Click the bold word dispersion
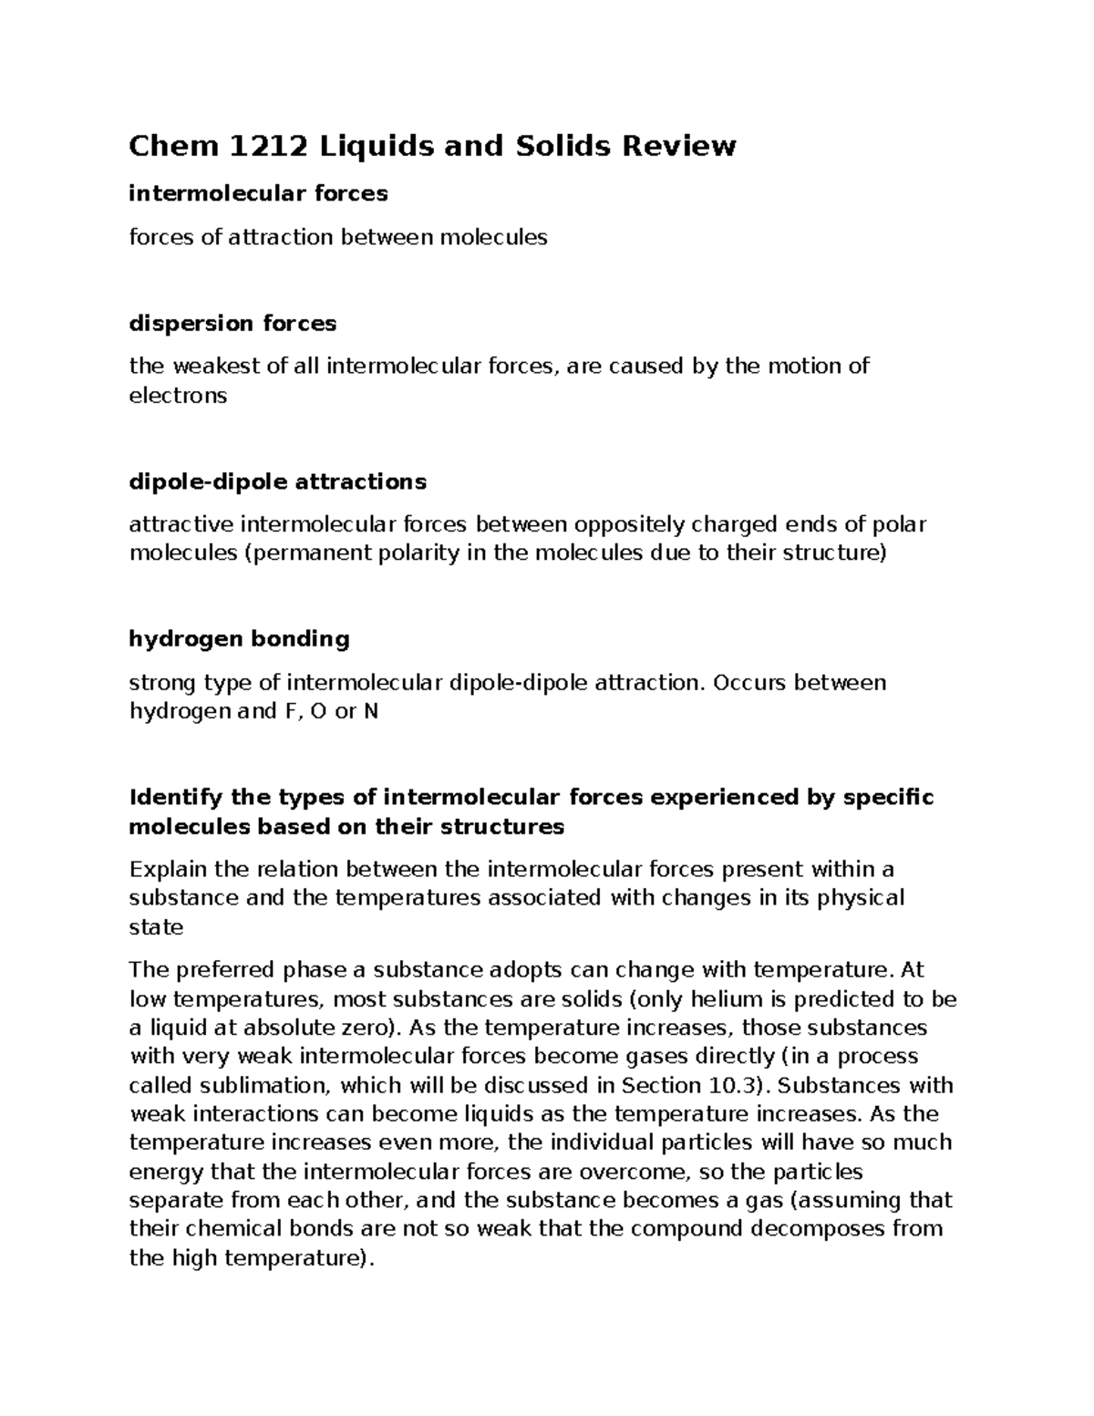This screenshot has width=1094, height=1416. [192, 324]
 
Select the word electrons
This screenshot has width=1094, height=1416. [178, 396]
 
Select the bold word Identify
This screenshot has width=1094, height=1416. [176, 798]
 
